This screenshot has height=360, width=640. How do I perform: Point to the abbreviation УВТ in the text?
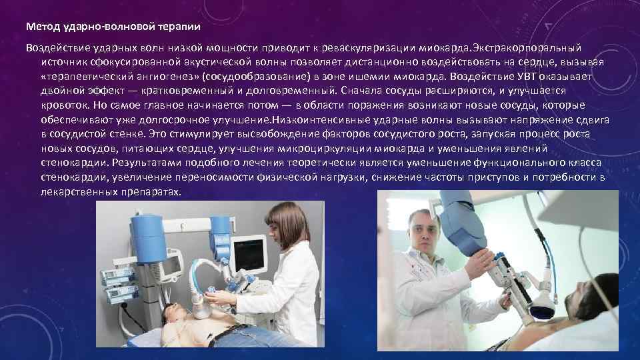click(x=529, y=77)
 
